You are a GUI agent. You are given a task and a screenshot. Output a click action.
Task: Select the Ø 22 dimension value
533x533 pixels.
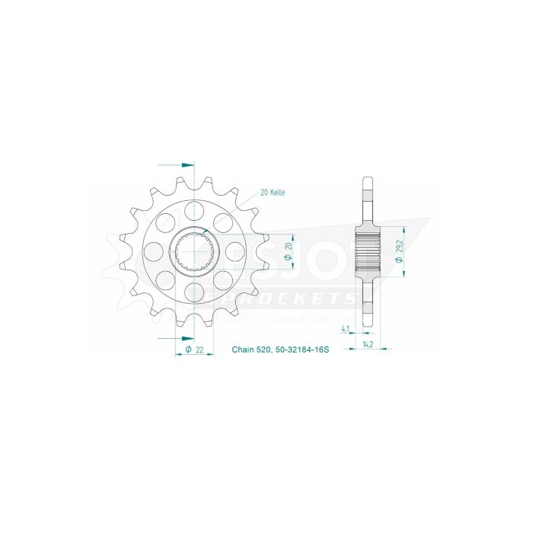[194, 349]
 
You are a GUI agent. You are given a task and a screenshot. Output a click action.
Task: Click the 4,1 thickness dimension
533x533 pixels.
[345, 330]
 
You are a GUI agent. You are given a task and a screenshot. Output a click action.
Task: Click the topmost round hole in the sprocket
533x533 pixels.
[194, 209]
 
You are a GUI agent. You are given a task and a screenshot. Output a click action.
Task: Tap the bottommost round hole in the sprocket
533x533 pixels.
[194, 291]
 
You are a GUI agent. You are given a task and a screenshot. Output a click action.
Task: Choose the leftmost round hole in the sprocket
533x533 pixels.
[154, 251]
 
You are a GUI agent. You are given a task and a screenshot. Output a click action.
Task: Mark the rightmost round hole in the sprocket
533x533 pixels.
[235, 251]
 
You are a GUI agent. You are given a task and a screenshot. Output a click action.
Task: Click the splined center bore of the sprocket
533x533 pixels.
[194, 251]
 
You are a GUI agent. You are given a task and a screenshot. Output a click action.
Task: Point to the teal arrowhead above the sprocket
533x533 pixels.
[188, 164]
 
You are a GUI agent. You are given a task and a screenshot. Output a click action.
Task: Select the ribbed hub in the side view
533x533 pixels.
[369, 251]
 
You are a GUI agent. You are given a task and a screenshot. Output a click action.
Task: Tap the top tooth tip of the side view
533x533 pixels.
[369, 180]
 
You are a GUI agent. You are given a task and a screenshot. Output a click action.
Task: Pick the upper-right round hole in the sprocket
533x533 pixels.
[223, 222]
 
